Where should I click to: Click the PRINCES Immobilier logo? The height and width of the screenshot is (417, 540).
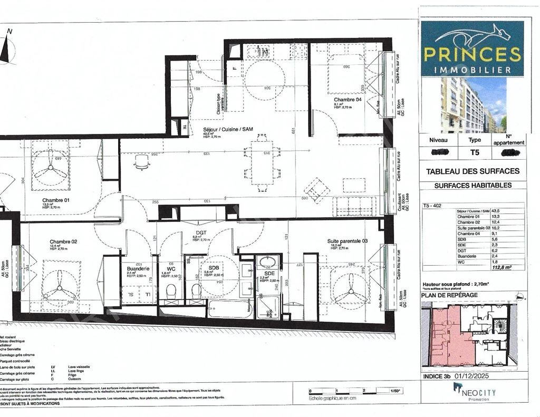[472, 48]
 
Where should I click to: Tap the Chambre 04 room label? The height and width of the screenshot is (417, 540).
[348, 99]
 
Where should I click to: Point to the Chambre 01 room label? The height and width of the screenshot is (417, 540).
[56, 200]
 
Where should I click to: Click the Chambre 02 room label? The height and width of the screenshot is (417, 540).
[64, 241]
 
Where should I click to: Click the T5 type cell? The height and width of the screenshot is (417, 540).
[475, 153]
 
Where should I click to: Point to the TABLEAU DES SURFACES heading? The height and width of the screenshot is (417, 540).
[472, 171]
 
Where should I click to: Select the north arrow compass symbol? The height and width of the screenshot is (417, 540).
[7, 49]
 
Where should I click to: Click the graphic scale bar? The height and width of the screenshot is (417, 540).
[351, 391]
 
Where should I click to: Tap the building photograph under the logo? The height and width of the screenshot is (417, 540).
[472, 104]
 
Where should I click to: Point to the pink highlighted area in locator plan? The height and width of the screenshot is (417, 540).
[446, 337]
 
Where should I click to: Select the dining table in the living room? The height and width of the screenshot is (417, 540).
[262, 162]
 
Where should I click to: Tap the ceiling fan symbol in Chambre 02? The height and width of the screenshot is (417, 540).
[59, 288]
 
